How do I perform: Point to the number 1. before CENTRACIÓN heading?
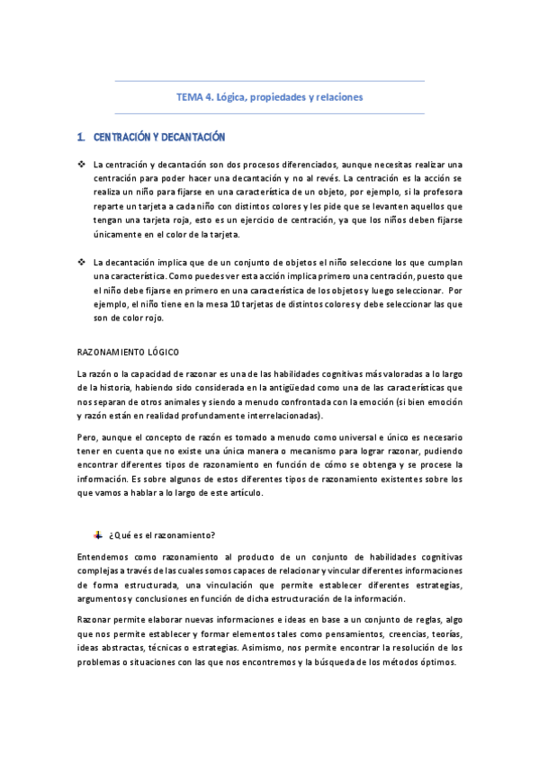(x=82, y=137)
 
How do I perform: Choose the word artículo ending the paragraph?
(x=242, y=493)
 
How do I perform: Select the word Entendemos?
(x=103, y=558)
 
